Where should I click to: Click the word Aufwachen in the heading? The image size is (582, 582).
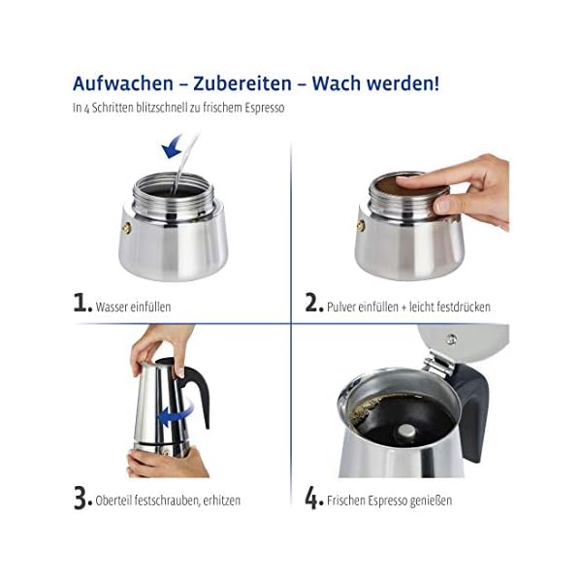click(x=123, y=83)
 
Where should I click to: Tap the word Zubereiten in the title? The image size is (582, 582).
click(x=242, y=83)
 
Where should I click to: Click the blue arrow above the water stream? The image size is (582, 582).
click(x=172, y=147)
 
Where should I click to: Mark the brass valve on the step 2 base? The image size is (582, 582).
click(x=361, y=226)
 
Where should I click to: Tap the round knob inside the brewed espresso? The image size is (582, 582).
click(x=406, y=431)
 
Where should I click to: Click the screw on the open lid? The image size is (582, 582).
click(x=451, y=339)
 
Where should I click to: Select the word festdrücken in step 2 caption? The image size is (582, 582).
click(x=464, y=307)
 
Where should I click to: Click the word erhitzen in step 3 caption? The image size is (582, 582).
click(x=224, y=501)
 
